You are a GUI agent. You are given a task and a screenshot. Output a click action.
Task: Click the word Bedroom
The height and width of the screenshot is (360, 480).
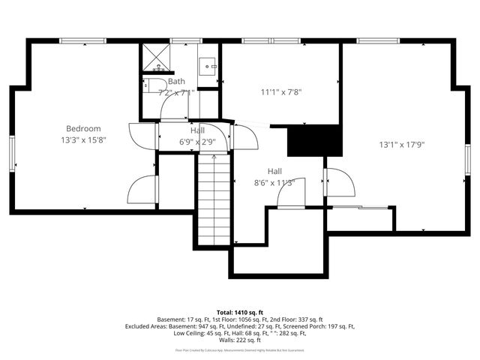click(x=82, y=128)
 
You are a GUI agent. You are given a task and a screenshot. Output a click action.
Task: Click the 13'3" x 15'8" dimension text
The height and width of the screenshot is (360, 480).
click(x=82, y=139)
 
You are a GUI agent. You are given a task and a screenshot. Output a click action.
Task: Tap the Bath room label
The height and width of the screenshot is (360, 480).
click(x=176, y=81)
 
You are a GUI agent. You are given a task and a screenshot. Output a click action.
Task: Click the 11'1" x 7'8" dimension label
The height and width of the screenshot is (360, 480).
click(x=281, y=92)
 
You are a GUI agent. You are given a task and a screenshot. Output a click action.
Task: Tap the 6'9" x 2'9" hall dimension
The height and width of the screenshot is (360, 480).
click(x=197, y=141)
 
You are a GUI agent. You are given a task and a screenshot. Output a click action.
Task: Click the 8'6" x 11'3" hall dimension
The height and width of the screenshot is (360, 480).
click(x=274, y=181)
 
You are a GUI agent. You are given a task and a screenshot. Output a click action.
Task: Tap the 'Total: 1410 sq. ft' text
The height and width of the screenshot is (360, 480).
click(x=239, y=311)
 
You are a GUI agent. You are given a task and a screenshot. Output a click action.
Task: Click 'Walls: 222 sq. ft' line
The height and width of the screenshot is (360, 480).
click(x=239, y=340)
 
